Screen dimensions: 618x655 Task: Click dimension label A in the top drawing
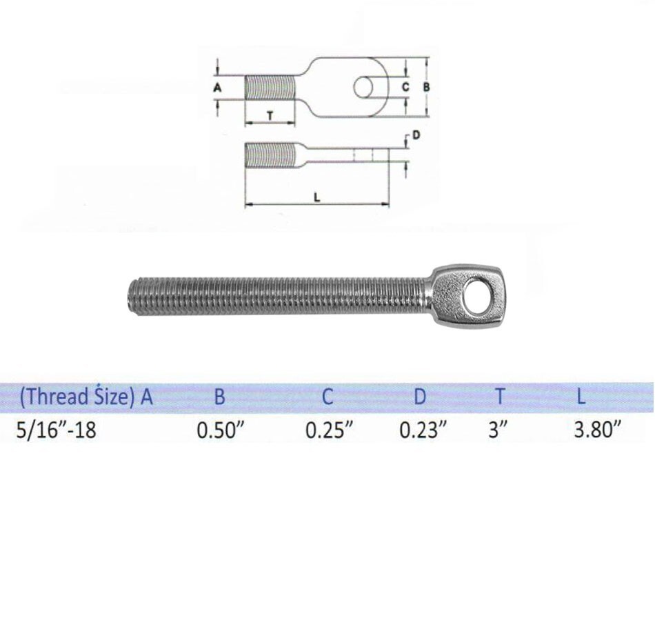[217, 88]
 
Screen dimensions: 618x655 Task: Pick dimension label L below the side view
[316, 197]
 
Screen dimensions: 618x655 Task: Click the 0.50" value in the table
[221, 430]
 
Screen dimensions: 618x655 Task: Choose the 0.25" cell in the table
[330, 430]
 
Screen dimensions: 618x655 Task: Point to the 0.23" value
[423, 430]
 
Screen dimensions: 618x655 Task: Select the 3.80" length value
[598, 430]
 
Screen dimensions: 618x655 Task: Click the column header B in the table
[219, 397]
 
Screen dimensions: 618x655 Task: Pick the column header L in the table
[583, 397]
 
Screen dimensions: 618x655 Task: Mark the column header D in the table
[420, 397]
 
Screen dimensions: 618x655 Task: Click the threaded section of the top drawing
[270, 88]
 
